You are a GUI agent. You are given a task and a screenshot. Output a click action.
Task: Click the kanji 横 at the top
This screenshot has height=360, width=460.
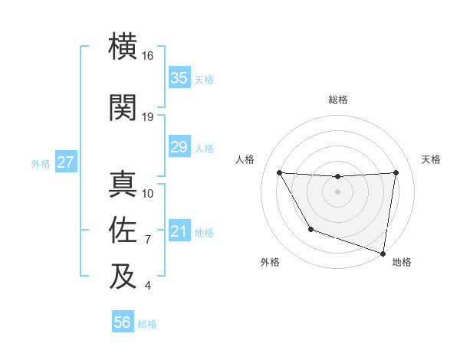(x=123, y=47)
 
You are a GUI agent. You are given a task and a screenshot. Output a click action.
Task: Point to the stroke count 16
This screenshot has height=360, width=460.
(x=148, y=57)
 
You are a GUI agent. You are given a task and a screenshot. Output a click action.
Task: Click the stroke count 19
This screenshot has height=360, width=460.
(x=148, y=116)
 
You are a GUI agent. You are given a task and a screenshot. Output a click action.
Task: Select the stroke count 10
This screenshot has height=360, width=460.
(x=148, y=193)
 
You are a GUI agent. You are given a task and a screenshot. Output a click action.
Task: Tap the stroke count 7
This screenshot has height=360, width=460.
(x=148, y=240)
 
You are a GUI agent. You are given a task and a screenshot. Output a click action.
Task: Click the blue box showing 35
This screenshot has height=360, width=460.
(x=179, y=78)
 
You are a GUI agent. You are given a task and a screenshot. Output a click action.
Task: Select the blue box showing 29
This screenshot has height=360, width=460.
(x=179, y=147)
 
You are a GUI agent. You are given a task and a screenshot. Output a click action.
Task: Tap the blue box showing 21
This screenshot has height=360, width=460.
(x=179, y=231)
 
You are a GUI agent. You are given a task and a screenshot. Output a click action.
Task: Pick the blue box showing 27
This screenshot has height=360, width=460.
(x=65, y=162)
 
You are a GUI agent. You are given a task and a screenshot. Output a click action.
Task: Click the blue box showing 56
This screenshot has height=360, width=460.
(x=122, y=322)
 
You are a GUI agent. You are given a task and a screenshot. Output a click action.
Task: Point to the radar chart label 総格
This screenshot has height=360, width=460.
(x=337, y=100)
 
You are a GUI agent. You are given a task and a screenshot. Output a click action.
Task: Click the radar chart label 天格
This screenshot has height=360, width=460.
(x=432, y=159)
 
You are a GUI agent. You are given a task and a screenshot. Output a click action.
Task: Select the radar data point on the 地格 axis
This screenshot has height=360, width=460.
(x=383, y=253)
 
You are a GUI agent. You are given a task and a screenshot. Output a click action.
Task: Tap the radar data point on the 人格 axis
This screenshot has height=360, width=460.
(x=279, y=172)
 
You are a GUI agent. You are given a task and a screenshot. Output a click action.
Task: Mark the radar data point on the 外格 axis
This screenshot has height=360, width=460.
(x=310, y=229)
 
